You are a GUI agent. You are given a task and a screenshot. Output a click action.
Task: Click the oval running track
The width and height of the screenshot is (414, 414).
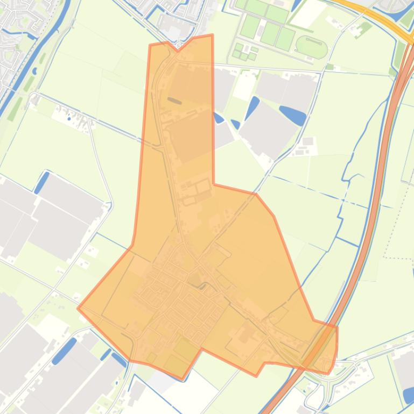click(x=312, y=47)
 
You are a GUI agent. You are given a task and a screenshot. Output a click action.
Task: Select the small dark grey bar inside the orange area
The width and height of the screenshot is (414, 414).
click(x=175, y=100)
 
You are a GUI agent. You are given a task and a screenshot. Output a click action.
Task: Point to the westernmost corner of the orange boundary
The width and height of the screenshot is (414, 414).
click(x=78, y=308)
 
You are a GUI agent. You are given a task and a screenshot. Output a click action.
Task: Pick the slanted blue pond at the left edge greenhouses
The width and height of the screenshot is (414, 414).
click(x=41, y=182)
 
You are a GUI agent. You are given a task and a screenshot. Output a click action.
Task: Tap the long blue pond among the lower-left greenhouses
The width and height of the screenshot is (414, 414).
click(x=64, y=351)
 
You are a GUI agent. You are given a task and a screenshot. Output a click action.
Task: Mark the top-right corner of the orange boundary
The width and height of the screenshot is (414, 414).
click(x=212, y=35)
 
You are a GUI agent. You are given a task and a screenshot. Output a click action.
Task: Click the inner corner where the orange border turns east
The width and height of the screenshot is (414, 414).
click(x=214, y=184)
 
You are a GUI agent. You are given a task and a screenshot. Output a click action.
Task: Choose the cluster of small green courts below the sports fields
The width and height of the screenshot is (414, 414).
click(x=244, y=52)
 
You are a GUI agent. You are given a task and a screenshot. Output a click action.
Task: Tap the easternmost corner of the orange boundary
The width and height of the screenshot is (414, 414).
click(x=337, y=327)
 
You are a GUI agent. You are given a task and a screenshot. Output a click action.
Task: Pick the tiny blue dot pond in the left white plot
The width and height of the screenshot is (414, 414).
click(x=69, y=117)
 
